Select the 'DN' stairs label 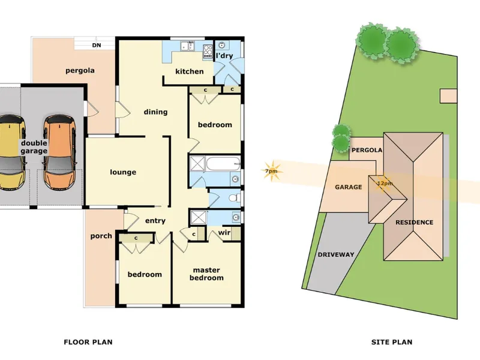point(97,46)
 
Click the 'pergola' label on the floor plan point(80,71)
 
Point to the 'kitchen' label point(190,71)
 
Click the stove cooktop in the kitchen point(208,52)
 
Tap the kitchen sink point(188,46)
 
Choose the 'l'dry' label point(224,56)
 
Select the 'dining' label point(155,112)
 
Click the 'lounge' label point(123,172)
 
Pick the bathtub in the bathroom point(223,164)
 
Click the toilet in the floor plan point(235,198)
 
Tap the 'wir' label point(224,232)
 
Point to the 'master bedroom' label point(206,274)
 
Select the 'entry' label point(155,221)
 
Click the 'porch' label point(101,236)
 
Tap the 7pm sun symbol point(271,171)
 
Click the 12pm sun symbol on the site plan point(384,184)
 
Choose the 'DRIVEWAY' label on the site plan point(336,254)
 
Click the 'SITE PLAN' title point(392,342)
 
